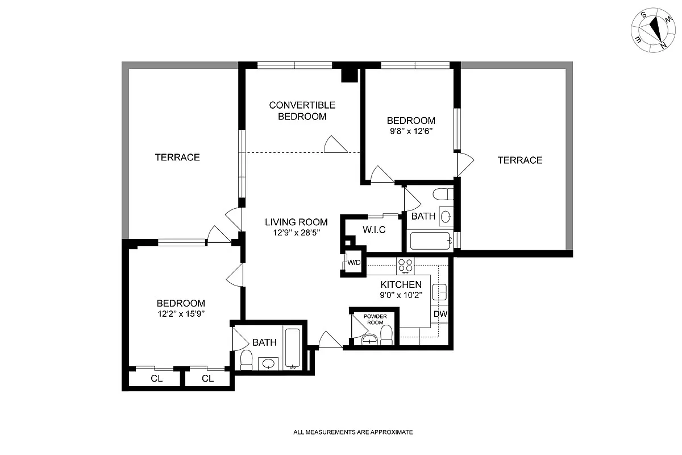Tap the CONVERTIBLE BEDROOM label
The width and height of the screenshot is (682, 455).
302,111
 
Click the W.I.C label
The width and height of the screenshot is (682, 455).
374,230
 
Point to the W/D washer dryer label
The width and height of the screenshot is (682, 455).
354,262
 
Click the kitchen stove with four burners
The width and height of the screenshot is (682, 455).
406,264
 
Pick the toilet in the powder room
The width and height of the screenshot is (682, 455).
386,336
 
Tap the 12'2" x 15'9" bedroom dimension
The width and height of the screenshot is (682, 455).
181,314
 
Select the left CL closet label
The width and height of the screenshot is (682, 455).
157,379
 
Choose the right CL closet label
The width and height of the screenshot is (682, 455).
207,379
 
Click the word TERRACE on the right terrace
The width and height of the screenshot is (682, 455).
519,160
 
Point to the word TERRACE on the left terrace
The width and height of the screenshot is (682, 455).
177,158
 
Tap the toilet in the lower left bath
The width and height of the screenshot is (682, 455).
247,360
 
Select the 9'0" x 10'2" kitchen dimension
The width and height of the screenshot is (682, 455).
401,295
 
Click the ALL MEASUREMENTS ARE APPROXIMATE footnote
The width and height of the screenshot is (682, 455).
353,432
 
